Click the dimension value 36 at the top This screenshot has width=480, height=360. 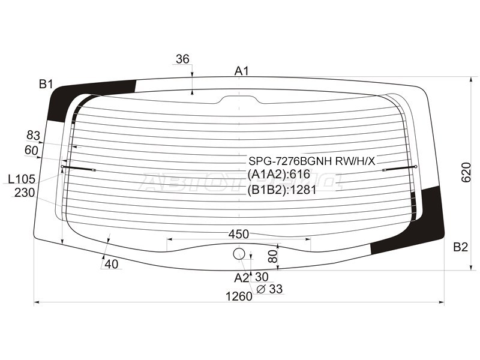(x=182, y=59)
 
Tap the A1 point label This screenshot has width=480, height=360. (x=242, y=71)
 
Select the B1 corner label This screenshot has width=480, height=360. (x=46, y=84)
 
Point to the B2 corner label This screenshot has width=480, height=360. (x=460, y=247)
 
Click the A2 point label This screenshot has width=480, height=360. (x=242, y=278)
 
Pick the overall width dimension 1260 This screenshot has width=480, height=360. (x=239, y=296)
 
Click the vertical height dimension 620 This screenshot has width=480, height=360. (x=466, y=172)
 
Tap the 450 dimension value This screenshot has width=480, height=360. (x=238, y=234)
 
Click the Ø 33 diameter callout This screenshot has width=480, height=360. (x=269, y=289)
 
